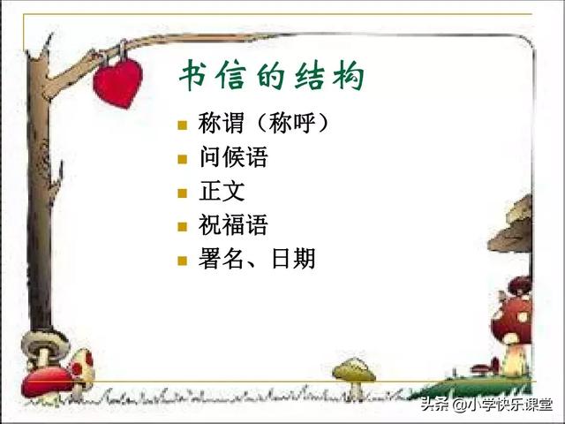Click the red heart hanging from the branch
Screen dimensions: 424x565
117,81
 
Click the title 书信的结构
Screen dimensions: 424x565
272,78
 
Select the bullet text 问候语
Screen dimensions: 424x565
234,158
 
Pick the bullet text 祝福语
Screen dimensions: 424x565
234,225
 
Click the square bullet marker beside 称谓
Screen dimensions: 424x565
182,125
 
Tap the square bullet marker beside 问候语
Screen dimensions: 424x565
182,159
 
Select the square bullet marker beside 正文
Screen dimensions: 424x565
182,193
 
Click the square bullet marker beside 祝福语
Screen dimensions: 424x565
182,226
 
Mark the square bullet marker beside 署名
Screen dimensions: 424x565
182,260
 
